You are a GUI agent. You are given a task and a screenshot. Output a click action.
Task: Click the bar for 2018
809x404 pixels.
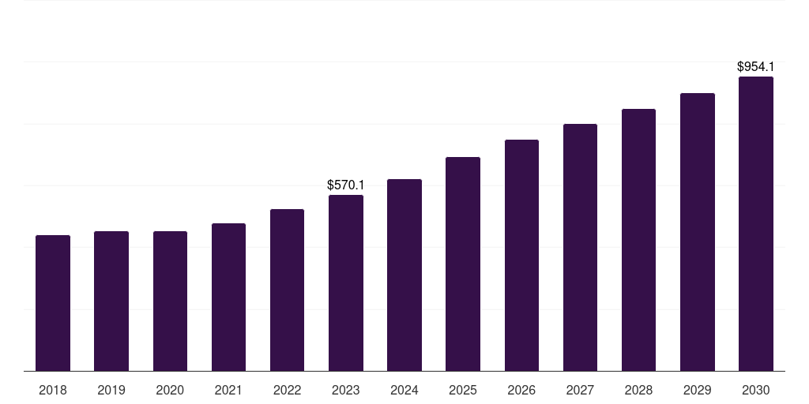tap(53, 303)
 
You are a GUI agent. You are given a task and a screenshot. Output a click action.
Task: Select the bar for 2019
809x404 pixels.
tap(111, 301)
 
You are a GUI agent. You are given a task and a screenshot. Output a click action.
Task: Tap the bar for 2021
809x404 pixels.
tap(228, 297)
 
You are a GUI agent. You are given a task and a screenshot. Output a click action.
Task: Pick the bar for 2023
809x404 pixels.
tap(346, 283)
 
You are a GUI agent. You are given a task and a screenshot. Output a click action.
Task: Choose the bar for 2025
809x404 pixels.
tap(463, 264)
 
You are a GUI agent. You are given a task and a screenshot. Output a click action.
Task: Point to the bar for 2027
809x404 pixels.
tap(580, 247)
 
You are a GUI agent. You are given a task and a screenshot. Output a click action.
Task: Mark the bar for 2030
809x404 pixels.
tap(756, 223)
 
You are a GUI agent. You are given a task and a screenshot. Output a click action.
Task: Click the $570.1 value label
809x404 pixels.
tap(346, 185)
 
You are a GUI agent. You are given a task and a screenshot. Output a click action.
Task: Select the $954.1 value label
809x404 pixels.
tap(756, 66)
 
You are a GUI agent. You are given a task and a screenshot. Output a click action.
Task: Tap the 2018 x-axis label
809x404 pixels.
tap(53, 391)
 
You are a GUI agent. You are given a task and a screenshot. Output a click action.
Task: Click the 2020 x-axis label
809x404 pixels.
tap(170, 391)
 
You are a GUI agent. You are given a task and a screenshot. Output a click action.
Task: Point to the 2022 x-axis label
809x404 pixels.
tap(287, 391)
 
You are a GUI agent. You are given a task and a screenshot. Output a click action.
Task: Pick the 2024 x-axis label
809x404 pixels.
tap(404, 391)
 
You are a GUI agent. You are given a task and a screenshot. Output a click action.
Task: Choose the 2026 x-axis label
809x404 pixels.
tap(521, 391)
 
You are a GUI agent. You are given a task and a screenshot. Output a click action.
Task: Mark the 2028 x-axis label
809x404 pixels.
tap(638, 391)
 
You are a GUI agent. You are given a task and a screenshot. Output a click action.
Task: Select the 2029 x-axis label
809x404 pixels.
tap(697, 391)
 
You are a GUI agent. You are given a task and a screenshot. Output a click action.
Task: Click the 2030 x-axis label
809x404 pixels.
tap(756, 391)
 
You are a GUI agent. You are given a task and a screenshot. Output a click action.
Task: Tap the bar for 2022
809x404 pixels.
tap(287, 290)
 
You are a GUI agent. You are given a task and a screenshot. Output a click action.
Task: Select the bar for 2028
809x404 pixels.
tap(638, 240)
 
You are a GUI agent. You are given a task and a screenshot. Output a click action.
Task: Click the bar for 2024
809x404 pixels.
tap(404, 275)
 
